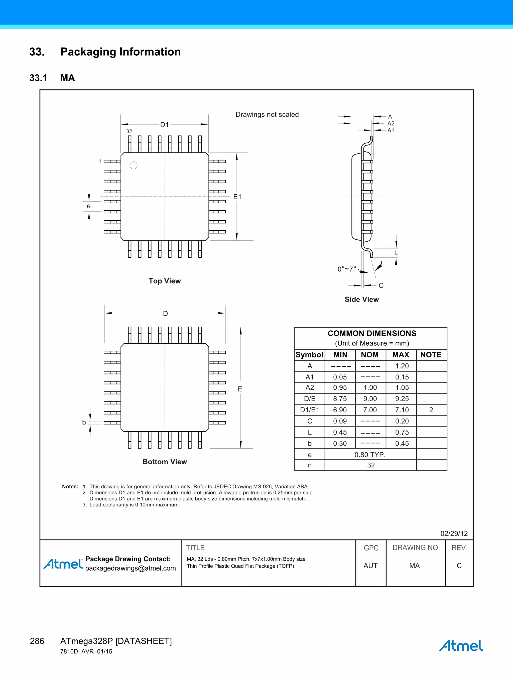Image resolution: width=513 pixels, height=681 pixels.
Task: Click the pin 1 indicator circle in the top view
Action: (133, 165)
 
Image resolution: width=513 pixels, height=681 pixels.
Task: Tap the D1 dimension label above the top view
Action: (164, 125)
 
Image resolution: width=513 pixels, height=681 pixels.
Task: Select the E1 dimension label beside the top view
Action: (237, 197)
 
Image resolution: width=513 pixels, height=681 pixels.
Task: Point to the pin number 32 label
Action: (129, 131)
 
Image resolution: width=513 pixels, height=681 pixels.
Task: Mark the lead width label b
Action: (84, 422)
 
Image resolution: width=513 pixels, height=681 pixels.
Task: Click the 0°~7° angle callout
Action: (347, 269)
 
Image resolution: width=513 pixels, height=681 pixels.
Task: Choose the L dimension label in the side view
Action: (396, 253)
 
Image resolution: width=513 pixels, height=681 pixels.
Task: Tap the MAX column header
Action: (401, 355)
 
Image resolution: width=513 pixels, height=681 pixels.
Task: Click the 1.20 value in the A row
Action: (402, 366)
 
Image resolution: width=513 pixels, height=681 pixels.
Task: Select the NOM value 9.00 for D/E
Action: (370, 399)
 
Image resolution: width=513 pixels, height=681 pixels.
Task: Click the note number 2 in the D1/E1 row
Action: (431, 410)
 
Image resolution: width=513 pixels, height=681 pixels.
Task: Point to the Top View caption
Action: (165, 281)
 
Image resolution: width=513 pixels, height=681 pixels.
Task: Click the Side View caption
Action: (361, 299)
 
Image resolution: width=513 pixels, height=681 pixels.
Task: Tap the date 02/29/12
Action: (454, 533)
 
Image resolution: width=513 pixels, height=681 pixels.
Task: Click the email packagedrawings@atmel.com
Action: (131, 568)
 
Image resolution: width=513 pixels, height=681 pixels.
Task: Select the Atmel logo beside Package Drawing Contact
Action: (63, 564)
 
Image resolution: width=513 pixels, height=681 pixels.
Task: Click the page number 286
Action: (37, 641)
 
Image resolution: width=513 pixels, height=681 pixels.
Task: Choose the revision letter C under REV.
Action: (459, 566)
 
